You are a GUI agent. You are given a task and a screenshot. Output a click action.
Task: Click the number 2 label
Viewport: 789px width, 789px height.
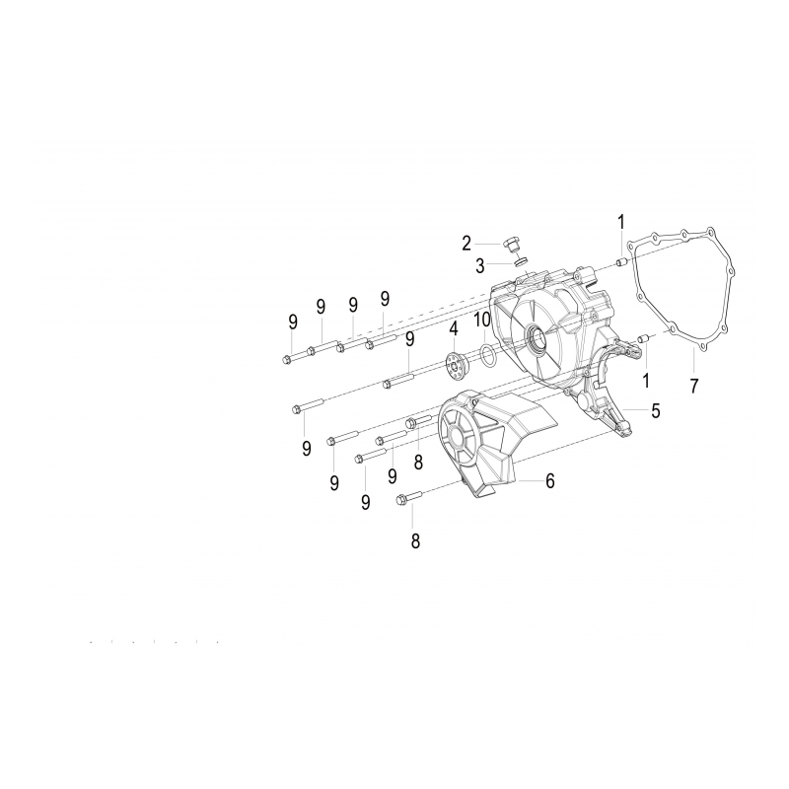click(x=466, y=244)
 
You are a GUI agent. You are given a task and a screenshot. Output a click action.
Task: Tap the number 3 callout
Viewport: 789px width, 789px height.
click(x=480, y=265)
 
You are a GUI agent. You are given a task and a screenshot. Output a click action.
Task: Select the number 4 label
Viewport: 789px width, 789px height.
click(x=454, y=329)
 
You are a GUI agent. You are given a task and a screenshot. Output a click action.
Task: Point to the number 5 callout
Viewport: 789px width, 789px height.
click(x=655, y=410)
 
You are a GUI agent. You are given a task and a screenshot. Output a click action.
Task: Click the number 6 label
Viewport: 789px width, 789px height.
click(x=550, y=481)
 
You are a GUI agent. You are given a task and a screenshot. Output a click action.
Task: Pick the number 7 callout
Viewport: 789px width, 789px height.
click(x=694, y=386)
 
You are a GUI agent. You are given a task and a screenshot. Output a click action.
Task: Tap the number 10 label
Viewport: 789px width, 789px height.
click(x=482, y=319)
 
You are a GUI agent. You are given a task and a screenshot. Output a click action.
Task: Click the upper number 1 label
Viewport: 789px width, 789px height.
click(x=621, y=222)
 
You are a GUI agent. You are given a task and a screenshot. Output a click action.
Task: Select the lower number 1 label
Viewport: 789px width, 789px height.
click(x=646, y=381)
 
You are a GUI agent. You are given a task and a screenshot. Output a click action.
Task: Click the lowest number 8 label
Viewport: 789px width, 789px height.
click(x=415, y=541)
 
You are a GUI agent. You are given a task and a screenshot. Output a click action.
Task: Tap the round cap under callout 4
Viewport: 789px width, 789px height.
click(x=457, y=361)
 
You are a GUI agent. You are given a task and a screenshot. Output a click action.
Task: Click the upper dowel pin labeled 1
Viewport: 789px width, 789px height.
click(x=621, y=262)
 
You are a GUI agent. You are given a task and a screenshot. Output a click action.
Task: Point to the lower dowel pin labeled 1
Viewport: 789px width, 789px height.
click(x=642, y=339)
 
